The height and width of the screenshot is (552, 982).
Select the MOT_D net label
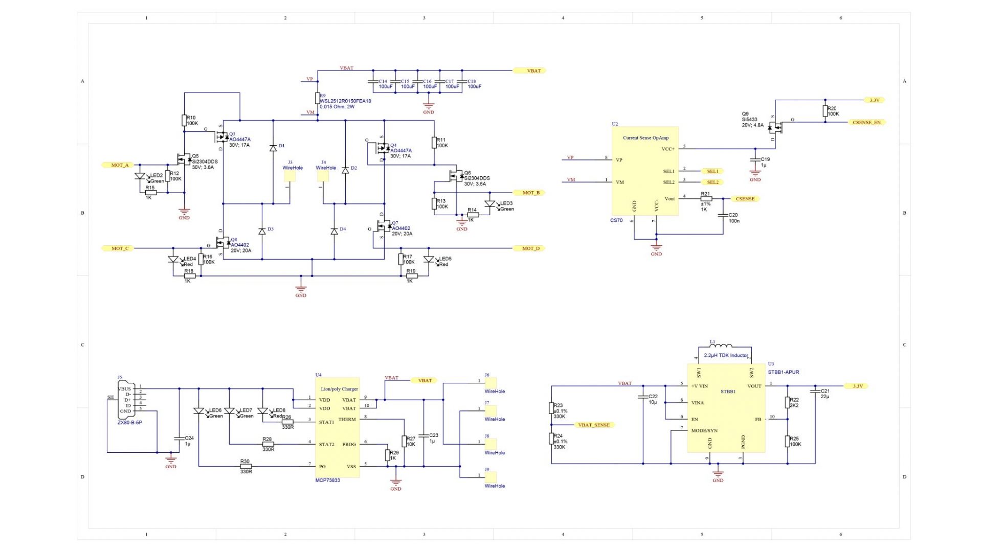530,248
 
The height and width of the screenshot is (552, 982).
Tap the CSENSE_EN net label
866,123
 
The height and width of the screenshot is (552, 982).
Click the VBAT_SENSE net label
593,425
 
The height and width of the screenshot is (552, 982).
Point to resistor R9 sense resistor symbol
317,98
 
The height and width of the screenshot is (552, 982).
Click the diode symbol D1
273,148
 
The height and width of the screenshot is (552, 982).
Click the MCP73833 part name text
327,480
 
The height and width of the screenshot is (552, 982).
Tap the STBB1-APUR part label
783,373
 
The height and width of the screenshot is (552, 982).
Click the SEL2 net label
712,182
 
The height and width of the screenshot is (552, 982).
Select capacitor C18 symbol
462,82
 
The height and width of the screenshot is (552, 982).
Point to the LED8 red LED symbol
263,411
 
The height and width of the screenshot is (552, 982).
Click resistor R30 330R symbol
245,466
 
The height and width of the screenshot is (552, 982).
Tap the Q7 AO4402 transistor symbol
382,225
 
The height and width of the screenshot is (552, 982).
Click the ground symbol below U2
656,247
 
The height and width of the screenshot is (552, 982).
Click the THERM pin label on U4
347,420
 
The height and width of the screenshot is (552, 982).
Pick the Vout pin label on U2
669,199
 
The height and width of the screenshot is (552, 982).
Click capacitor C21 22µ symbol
815,392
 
